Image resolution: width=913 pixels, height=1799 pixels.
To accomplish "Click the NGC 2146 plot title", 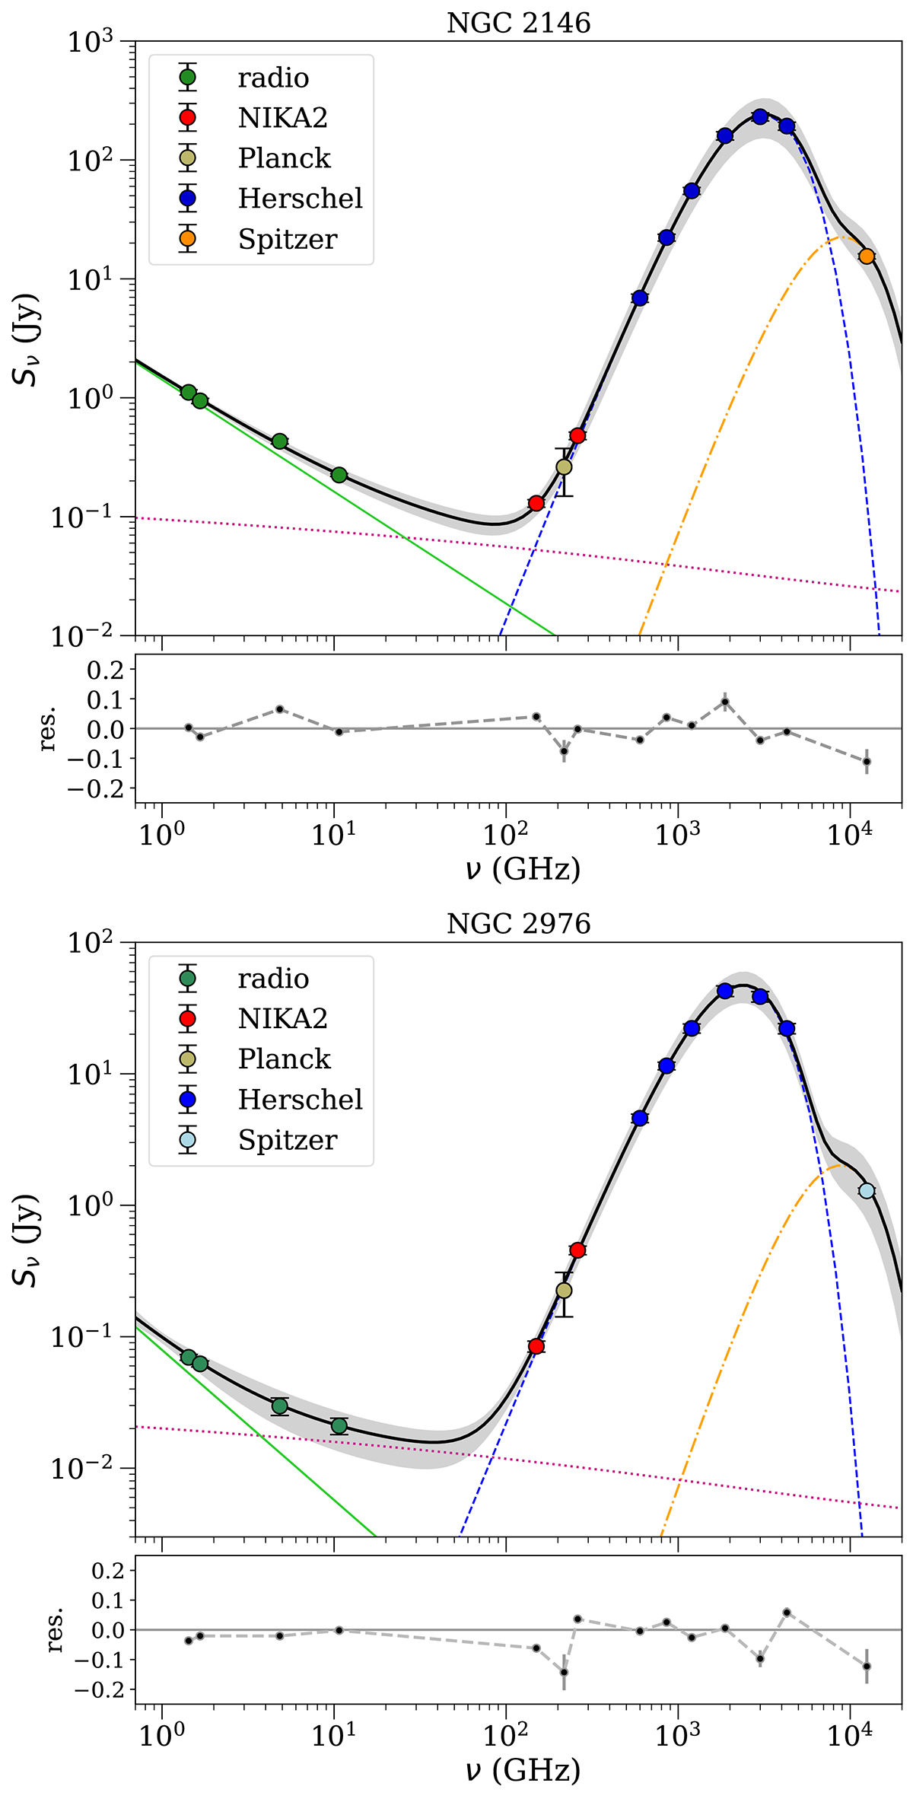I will tap(518, 24).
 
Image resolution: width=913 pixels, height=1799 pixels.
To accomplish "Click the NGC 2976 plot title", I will tap(518, 924).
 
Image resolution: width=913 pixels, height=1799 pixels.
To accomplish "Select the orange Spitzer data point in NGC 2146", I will tap(866, 256).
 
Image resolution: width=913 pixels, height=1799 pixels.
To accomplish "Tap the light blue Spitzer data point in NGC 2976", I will tap(866, 1191).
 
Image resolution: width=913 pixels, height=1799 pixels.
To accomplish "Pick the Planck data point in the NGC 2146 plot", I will tap(564, 466).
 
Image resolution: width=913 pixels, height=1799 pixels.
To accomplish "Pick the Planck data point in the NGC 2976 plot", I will tap(564, 1290).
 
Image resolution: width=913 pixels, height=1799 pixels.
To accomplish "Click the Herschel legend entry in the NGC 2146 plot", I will tap(300, 199).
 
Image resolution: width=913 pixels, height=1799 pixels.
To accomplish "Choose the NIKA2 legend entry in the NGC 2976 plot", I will tap(282, 1018).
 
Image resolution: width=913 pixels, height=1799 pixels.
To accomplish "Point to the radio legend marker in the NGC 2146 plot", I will tap(187, 77).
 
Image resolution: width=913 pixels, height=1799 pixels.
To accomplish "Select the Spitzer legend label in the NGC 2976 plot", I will tap(288, 1140).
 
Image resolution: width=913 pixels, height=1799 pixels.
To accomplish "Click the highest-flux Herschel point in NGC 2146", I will tap(759, 116).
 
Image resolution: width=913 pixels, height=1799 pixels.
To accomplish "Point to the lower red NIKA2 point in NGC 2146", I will tap(536, 503).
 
